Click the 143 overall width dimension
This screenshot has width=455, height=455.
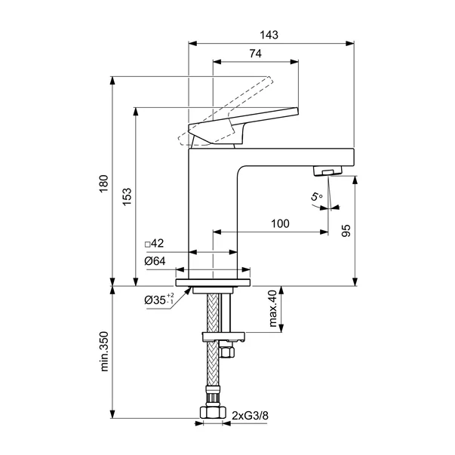click(x=269, y=35)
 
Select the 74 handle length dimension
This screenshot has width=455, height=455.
click(x=255, y=54)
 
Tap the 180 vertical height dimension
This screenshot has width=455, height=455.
click(x=103, y=183)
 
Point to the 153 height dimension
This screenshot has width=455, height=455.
click(x=127, y=197)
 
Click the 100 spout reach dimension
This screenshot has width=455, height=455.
click(x=280, y=224)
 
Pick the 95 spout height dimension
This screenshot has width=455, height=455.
click(x=346, y=231)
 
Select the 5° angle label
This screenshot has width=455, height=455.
click(x=316, y=196)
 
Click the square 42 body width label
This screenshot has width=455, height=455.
click(x=155, y=243)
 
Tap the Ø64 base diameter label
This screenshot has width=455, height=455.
click(x=155, y=261)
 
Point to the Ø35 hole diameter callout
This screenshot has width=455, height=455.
click(x=159, y=299)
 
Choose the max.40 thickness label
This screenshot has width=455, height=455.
click(x=273, y=309)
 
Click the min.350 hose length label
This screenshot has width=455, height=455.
click(x=104, y=352)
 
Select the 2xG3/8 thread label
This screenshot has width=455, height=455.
click(x=250, y=416)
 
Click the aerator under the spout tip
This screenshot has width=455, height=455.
click(x=328, y=171)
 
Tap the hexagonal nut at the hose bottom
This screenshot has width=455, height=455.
click(x=213, y=412)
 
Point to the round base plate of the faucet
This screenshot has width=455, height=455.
click(x=213, y=282)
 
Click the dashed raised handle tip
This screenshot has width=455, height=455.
click(x=269, y=81)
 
